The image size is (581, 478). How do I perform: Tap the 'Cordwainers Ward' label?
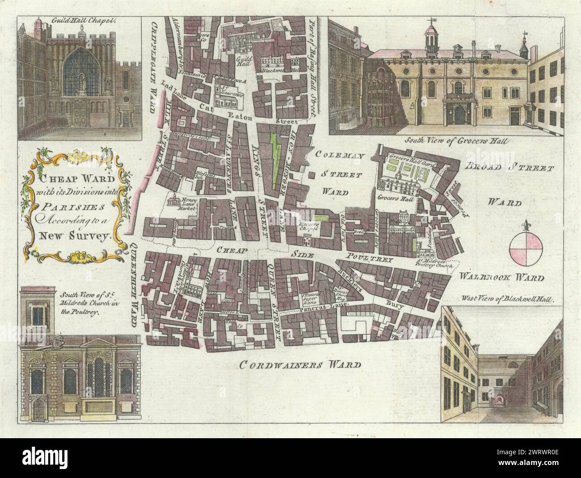[299, 364]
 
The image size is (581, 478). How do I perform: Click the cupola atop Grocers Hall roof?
[430, 37]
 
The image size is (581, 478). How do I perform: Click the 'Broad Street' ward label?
[509, 169]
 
